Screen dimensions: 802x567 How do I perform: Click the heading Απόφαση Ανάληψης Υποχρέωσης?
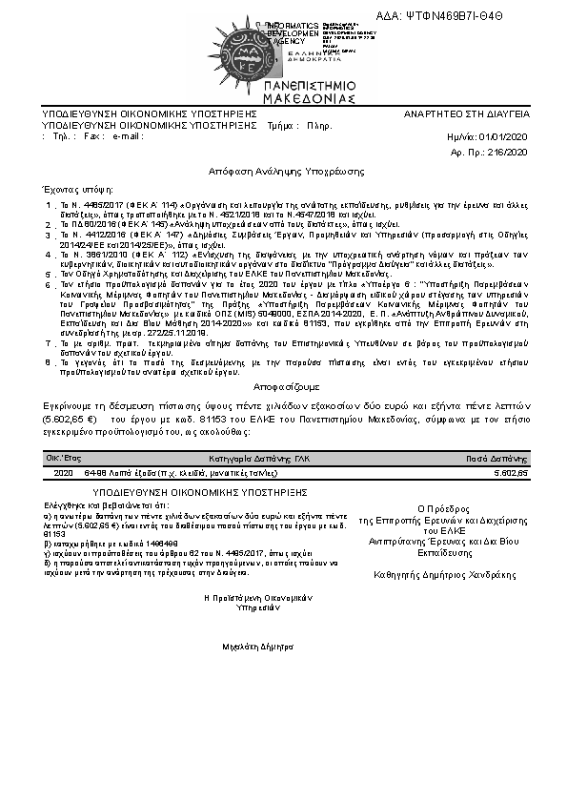(x=287, y=169)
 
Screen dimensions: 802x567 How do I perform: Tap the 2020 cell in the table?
(x=64, y=473)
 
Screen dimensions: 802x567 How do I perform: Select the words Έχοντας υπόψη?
(x=72, y=190)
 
